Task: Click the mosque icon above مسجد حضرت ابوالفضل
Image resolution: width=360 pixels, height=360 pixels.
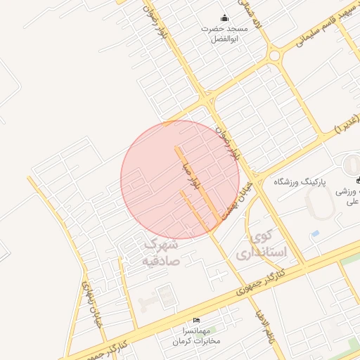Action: point(224,18)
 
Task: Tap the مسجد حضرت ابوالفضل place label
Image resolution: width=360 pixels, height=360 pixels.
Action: point(224,34)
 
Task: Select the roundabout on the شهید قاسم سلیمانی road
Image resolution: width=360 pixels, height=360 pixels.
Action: point(274,55)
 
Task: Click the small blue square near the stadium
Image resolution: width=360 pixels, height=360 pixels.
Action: point(314,233)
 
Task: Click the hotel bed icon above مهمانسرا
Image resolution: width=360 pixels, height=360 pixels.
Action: point(196,321)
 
